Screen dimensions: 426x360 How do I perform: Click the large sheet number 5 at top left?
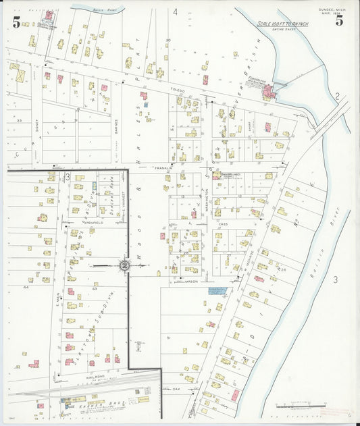[16, 22]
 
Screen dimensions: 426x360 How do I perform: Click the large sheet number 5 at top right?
[339, 20]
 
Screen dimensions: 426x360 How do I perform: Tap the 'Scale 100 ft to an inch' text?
[282, 24]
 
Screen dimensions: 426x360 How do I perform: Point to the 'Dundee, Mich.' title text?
[332, 8]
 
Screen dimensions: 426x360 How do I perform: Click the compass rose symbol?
[124, 266]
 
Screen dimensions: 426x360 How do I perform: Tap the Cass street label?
[224, 223]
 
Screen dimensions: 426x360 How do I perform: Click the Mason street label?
[192, 281]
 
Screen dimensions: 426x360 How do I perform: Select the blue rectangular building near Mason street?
[216, 290]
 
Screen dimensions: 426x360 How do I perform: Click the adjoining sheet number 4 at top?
[174, 11]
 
